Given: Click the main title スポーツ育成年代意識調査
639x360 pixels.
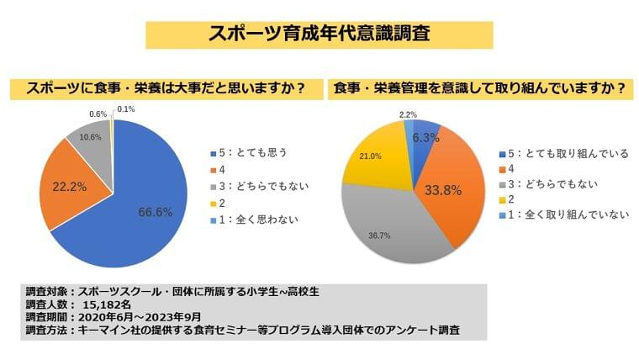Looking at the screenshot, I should [x=319, y=34].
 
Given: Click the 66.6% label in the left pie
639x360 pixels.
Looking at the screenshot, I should [x=155, y=213].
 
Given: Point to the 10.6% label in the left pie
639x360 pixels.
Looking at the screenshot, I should [x=89, y=137].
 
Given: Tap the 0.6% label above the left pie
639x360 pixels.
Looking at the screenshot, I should [x=98, y=114].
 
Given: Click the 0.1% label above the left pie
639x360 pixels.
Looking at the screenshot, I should [x=126, y=109].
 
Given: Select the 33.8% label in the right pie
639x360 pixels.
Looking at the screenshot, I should [x=442, y=190].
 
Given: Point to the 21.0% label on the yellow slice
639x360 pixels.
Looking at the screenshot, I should [x=371, y=156].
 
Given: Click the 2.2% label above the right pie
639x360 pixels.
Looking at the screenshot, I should [x=408, y=114].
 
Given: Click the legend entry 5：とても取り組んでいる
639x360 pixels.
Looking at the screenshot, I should [x=565, y=154].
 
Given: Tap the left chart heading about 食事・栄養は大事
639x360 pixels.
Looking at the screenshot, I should [x=164, y=87].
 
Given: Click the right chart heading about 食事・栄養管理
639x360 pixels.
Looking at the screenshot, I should [x=481, y=87].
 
